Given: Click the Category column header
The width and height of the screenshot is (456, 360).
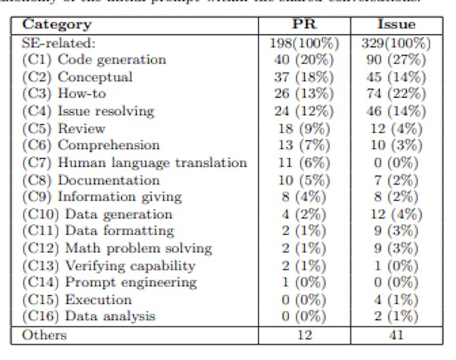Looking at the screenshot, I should pyautogui.click(x=57, y=25).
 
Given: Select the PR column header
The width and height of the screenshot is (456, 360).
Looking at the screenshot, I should pyautogui.click(x=304, y=25).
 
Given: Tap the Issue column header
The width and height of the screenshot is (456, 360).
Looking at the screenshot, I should pyautogui.click(x=396, y=25).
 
